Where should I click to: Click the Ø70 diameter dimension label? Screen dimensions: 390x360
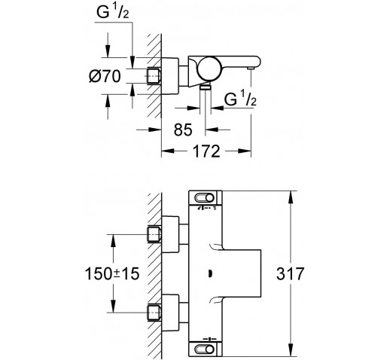pyautogui.click(x=105, y=76)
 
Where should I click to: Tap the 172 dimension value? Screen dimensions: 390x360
pyautogui.click(x=206, y=151)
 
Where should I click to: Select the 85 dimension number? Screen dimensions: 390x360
pyautogui.click(x=183, y=130)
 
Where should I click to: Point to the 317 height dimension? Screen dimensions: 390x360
pyautogui.click(x=290, y=273)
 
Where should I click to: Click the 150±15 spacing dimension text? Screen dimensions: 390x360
pyautogui.click(x=112, y=273)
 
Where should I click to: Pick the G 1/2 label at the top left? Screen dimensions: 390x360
pyautogui.click(x=113, y=12)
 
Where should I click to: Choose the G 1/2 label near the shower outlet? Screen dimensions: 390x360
pyautogui.click(x=240, y=99)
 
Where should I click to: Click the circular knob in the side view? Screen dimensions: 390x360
pyautogui.click(x=209, y=68)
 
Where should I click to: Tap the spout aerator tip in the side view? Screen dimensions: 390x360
pyautogui.click(x=251, y=69)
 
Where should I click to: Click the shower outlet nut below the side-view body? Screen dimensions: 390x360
pyautogui.click(x=206, y=87)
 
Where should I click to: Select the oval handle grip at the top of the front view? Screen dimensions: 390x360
pyautogui.click(x=204, y=198)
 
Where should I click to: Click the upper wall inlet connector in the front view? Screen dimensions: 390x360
pyautogui.click(x=154, y=235)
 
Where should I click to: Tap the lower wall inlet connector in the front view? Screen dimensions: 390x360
pyautogui.click(x=154, y=313)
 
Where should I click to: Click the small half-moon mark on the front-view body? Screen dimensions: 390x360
pyautogui.click(x=210, y=273)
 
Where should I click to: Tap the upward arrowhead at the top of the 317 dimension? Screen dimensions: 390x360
pyautogui.click(x=291, y=197)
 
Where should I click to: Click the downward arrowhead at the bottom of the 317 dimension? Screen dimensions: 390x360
pyautogui.click(x=291, y=349)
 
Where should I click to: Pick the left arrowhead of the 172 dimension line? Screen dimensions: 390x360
pyautogui.click(x=168, y=151)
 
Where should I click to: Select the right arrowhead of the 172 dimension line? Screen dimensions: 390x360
pyautogui.click(x=245, y=151)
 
